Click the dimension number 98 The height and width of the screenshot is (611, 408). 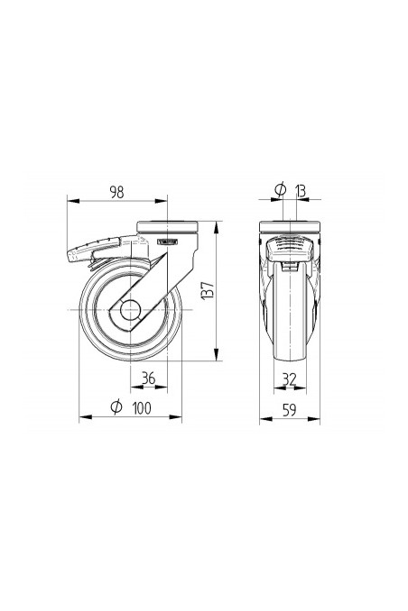pos(116,191)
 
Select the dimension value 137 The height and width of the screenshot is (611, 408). pos(207,290)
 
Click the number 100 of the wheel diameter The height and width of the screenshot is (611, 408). pos(140,407)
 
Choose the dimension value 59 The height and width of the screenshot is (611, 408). pos(290,408)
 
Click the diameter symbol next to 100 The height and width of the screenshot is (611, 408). pos(116,407)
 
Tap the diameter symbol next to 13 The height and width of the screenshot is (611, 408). pos(280,189)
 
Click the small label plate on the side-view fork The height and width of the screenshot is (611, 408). pos(168,242)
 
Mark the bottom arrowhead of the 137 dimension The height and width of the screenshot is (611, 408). pos(218,360)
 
